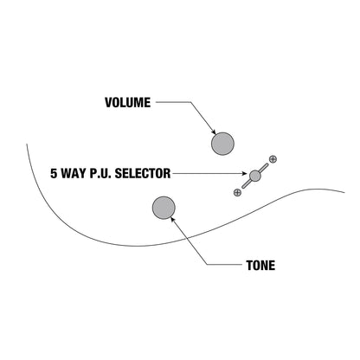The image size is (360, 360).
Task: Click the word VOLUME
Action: pos(128,102)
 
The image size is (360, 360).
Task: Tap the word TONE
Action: pos(260,266)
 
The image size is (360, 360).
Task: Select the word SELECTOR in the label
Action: pos(143,173)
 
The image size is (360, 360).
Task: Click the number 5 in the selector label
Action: pos(54,173)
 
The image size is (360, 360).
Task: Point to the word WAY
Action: pos(74,173)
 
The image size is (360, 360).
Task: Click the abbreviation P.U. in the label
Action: pos(100,173)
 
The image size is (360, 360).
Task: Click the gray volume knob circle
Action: pos(222,144)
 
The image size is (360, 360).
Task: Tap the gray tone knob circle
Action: pos(164,208)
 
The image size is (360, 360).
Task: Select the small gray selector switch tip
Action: pos(255,176)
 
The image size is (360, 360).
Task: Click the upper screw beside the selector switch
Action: pos(273,159)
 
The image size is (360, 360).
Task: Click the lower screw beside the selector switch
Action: pos(237,192)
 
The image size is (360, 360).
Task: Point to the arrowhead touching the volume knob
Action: pos(214,132)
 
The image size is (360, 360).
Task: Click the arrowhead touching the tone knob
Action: pos(173,220)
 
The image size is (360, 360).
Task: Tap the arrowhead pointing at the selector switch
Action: pos(245,173)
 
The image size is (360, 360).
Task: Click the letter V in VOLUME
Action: pos(109,102)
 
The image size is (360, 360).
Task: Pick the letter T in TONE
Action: pos(249,266)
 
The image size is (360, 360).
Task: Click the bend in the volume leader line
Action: pos(190,102)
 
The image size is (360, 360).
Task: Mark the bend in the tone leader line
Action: pos(207,264)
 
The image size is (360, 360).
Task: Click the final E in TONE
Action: pos(272,266)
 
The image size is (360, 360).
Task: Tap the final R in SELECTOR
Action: pos(167,173)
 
